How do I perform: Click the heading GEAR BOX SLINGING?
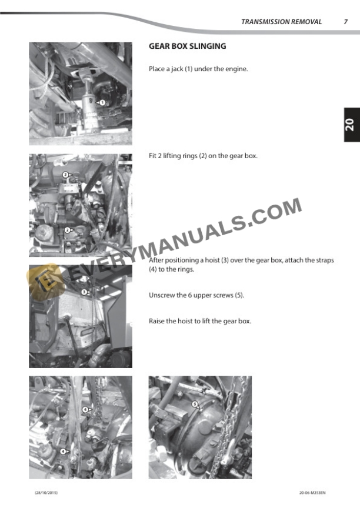pos(187,46)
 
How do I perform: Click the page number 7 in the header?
pos(345,22)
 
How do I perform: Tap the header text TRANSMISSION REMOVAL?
pos(281,22)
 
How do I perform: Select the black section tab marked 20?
pos(352,125)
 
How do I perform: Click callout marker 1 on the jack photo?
pos(102,102)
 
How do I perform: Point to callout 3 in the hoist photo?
pos(84,292)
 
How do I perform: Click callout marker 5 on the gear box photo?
pos(195,404)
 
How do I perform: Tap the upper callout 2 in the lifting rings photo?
pos(65,175)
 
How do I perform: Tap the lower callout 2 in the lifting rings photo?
pos(68,230)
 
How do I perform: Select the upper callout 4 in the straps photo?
pos(85,409)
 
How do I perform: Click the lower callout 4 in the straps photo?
pos(63,452)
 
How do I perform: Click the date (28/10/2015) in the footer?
pos(46,493)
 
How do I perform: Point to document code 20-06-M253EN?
pos(312,493)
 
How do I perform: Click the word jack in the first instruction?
pos(177,69)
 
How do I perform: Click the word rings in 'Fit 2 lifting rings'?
pos(189,156)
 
